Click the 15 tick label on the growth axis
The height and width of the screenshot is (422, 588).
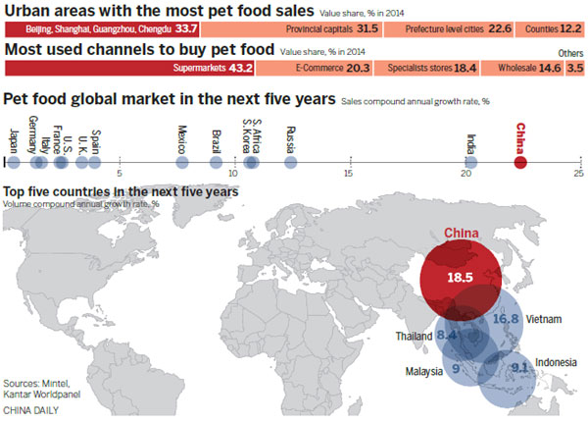[348, 174]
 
